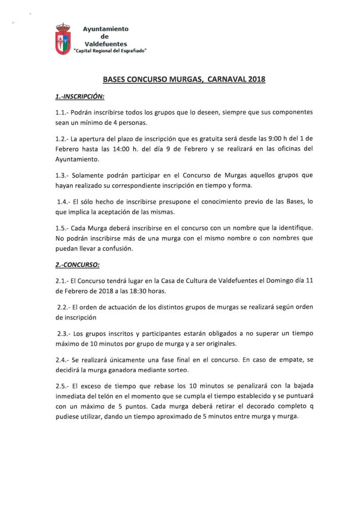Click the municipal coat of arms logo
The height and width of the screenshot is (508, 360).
pyautogui.click(x=63, y=39)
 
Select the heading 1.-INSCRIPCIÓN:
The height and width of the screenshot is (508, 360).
pyautogui.click(x=79, y=96)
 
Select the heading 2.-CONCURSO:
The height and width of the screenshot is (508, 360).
pyautogui.click(x=78, y=264)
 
